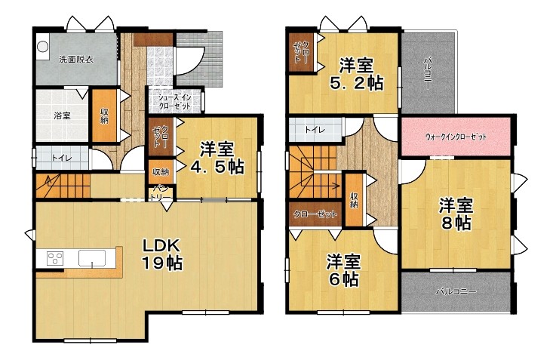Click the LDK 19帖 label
tap(162, 254)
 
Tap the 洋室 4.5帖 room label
tap(217, 158)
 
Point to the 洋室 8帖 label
tap(456, 214)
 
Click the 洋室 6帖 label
tap(343, 270)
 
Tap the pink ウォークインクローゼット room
tap(456, 137)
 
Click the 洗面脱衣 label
tap(76, 60)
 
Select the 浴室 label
tap(62, 115)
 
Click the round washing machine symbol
tap(43, 47)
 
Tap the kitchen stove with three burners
tap(55, 259)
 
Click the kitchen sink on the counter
tap(92, 258)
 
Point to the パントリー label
tap(161, 194)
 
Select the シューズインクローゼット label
tap(174, 102)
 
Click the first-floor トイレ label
tap(62, 158)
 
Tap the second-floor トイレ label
tap(315, 130)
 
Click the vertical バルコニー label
tap(428, 72)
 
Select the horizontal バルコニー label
tap(456, 292)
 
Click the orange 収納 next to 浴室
tap(104, 115)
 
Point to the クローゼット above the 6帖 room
tap(315, 214)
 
